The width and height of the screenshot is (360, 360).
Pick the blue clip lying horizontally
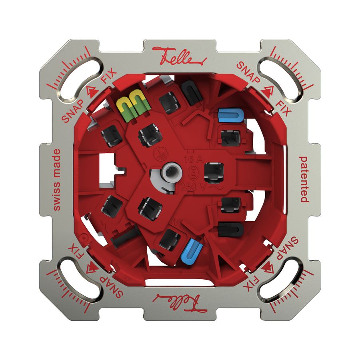pos(230,116)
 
